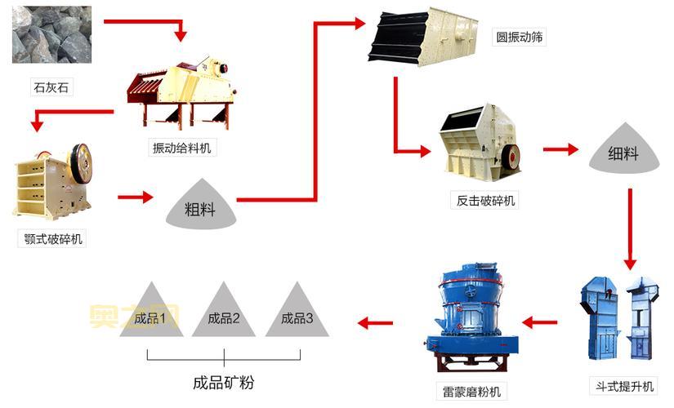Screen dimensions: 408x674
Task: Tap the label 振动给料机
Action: [181, 148]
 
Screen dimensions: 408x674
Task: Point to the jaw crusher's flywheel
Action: [80, 162]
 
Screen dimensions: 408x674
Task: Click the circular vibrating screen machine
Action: [424, 36]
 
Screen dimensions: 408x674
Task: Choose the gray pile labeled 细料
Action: [624, 150]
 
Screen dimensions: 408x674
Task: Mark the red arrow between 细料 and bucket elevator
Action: [630, 228]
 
